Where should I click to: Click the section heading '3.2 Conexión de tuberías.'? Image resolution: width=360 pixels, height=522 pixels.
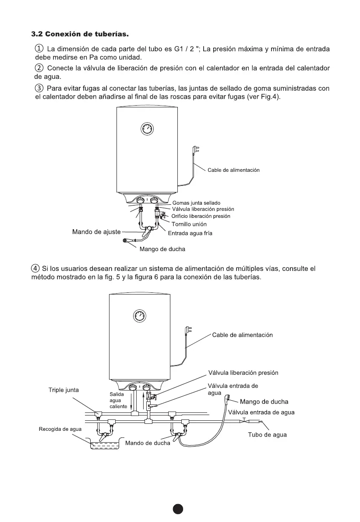81,34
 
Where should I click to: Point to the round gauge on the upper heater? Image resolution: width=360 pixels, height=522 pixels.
147,128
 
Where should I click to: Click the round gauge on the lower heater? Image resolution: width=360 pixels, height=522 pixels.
138,316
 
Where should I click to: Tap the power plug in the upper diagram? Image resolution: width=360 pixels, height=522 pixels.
196,151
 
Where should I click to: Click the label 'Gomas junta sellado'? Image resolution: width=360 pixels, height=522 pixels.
196,203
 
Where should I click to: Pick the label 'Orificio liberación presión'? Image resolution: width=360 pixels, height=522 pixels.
201,216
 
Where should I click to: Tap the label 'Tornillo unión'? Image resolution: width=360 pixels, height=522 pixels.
189,224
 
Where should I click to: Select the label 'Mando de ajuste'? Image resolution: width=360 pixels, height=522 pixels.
96,231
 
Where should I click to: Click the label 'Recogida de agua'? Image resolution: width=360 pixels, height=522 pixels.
60,429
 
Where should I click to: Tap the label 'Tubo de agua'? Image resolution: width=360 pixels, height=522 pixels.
268,435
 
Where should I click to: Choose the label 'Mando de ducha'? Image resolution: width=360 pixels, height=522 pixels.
148,443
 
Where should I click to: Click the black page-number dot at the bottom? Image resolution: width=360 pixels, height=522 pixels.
177,509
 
